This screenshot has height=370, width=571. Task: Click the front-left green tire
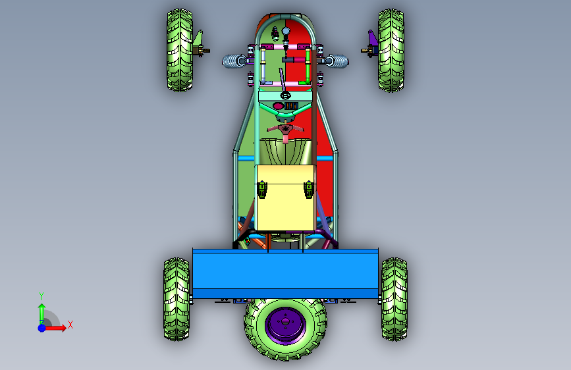[180, 50]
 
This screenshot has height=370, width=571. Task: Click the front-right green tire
[391, 50]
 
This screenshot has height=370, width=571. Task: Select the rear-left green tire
[177, 299]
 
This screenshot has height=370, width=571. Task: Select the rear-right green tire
[394, 299]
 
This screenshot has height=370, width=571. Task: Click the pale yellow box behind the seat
[286, 198]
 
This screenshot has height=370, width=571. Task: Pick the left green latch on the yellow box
[262, 190]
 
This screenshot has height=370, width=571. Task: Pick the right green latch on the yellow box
[309, 190]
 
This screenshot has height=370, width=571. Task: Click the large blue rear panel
[285, 274]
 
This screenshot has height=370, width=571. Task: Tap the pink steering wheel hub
[285, 130]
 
